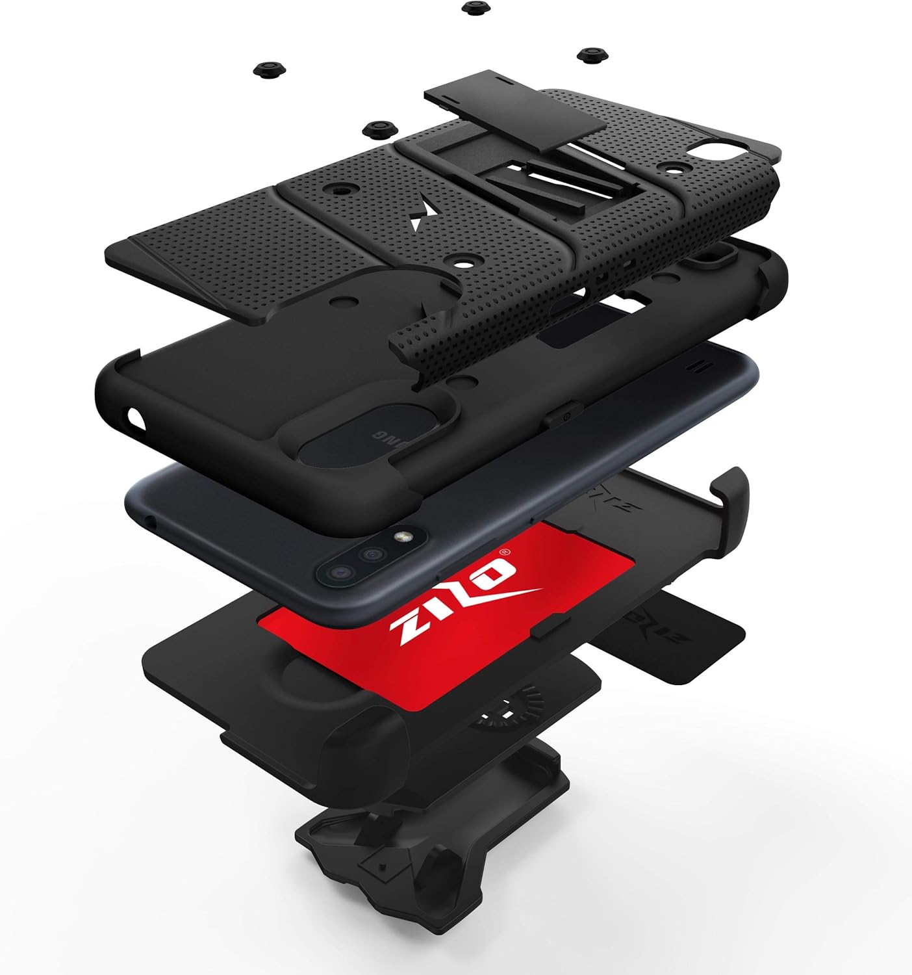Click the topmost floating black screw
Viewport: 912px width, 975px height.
[x=472, y=8]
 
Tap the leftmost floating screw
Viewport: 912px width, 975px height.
[x=266, y=68]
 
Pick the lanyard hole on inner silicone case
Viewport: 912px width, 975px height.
[x=137, y=417]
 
